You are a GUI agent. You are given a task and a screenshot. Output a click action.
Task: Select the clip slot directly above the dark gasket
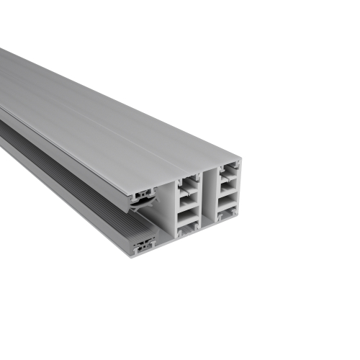coord(147,192)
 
